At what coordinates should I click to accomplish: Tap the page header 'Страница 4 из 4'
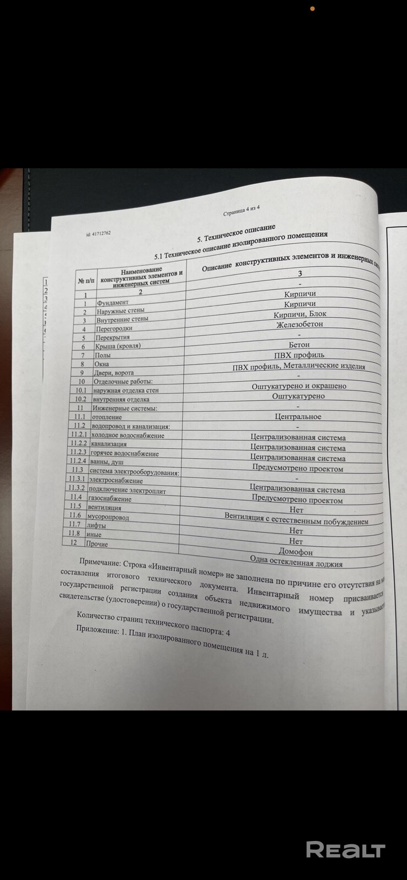point(241,211)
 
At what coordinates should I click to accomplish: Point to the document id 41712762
point(99,233)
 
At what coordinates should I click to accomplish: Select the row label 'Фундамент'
point(112,302)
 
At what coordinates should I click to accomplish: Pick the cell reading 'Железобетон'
point(300,324)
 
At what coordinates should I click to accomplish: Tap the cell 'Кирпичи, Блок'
point(300,315)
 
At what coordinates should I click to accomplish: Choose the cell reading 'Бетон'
point(299,345)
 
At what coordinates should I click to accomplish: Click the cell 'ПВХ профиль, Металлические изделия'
point(299,366)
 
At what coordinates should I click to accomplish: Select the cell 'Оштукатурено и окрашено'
point(299,386)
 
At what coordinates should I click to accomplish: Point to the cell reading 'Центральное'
point(298,417)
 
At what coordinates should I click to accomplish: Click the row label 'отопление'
point(106,417)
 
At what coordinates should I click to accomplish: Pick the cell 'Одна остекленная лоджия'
point(296,563)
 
